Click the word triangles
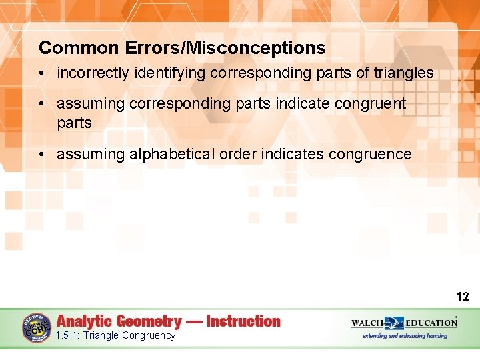[403, 73]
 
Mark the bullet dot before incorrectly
[43, 73]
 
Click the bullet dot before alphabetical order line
[43, 155]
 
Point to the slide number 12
[462, 297]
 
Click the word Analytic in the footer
[84, 321]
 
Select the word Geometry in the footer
[148, 321]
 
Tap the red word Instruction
[243, 321]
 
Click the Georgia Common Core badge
[36, 328]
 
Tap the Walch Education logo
[404, 323]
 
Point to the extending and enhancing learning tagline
[405, 336]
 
